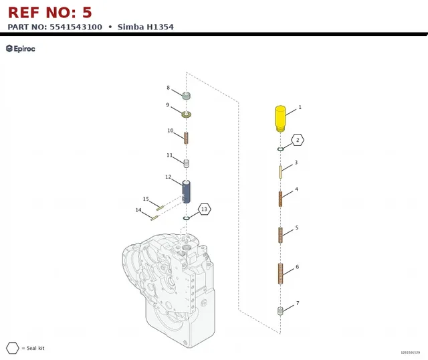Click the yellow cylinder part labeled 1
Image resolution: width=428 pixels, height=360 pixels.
coord(280,118)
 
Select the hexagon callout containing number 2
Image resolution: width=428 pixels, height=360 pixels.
coord(298,140)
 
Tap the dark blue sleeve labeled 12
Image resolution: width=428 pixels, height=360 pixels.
coord(186,192)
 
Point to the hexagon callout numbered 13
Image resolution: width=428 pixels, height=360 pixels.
coord(204,209)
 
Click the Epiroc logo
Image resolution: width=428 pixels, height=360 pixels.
coord(21,49)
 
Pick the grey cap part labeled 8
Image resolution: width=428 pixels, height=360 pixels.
coord(187,96)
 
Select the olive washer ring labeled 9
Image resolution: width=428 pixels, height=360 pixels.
coord(187,114)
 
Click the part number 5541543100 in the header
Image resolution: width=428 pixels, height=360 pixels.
coord(76,27)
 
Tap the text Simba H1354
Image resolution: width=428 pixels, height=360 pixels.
coord(146,27)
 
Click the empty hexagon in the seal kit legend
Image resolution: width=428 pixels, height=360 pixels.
coord(13,348)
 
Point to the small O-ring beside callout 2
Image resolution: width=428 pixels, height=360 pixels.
coord(280,149)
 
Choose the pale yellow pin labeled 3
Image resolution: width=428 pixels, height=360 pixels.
coord(280,172)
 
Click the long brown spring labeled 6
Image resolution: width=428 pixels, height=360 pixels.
coord(281,274)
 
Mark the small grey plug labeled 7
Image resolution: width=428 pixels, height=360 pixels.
coord(280,311)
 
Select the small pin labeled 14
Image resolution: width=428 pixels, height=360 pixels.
coord(154,218)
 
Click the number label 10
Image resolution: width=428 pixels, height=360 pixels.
coord(171,130)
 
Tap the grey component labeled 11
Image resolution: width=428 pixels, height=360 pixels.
coord(187,163)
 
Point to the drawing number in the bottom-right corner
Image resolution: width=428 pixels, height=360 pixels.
coord(410,353)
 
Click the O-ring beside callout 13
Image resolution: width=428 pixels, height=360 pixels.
coord(186,218)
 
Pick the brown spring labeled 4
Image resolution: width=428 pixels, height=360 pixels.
coord(280,199)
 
